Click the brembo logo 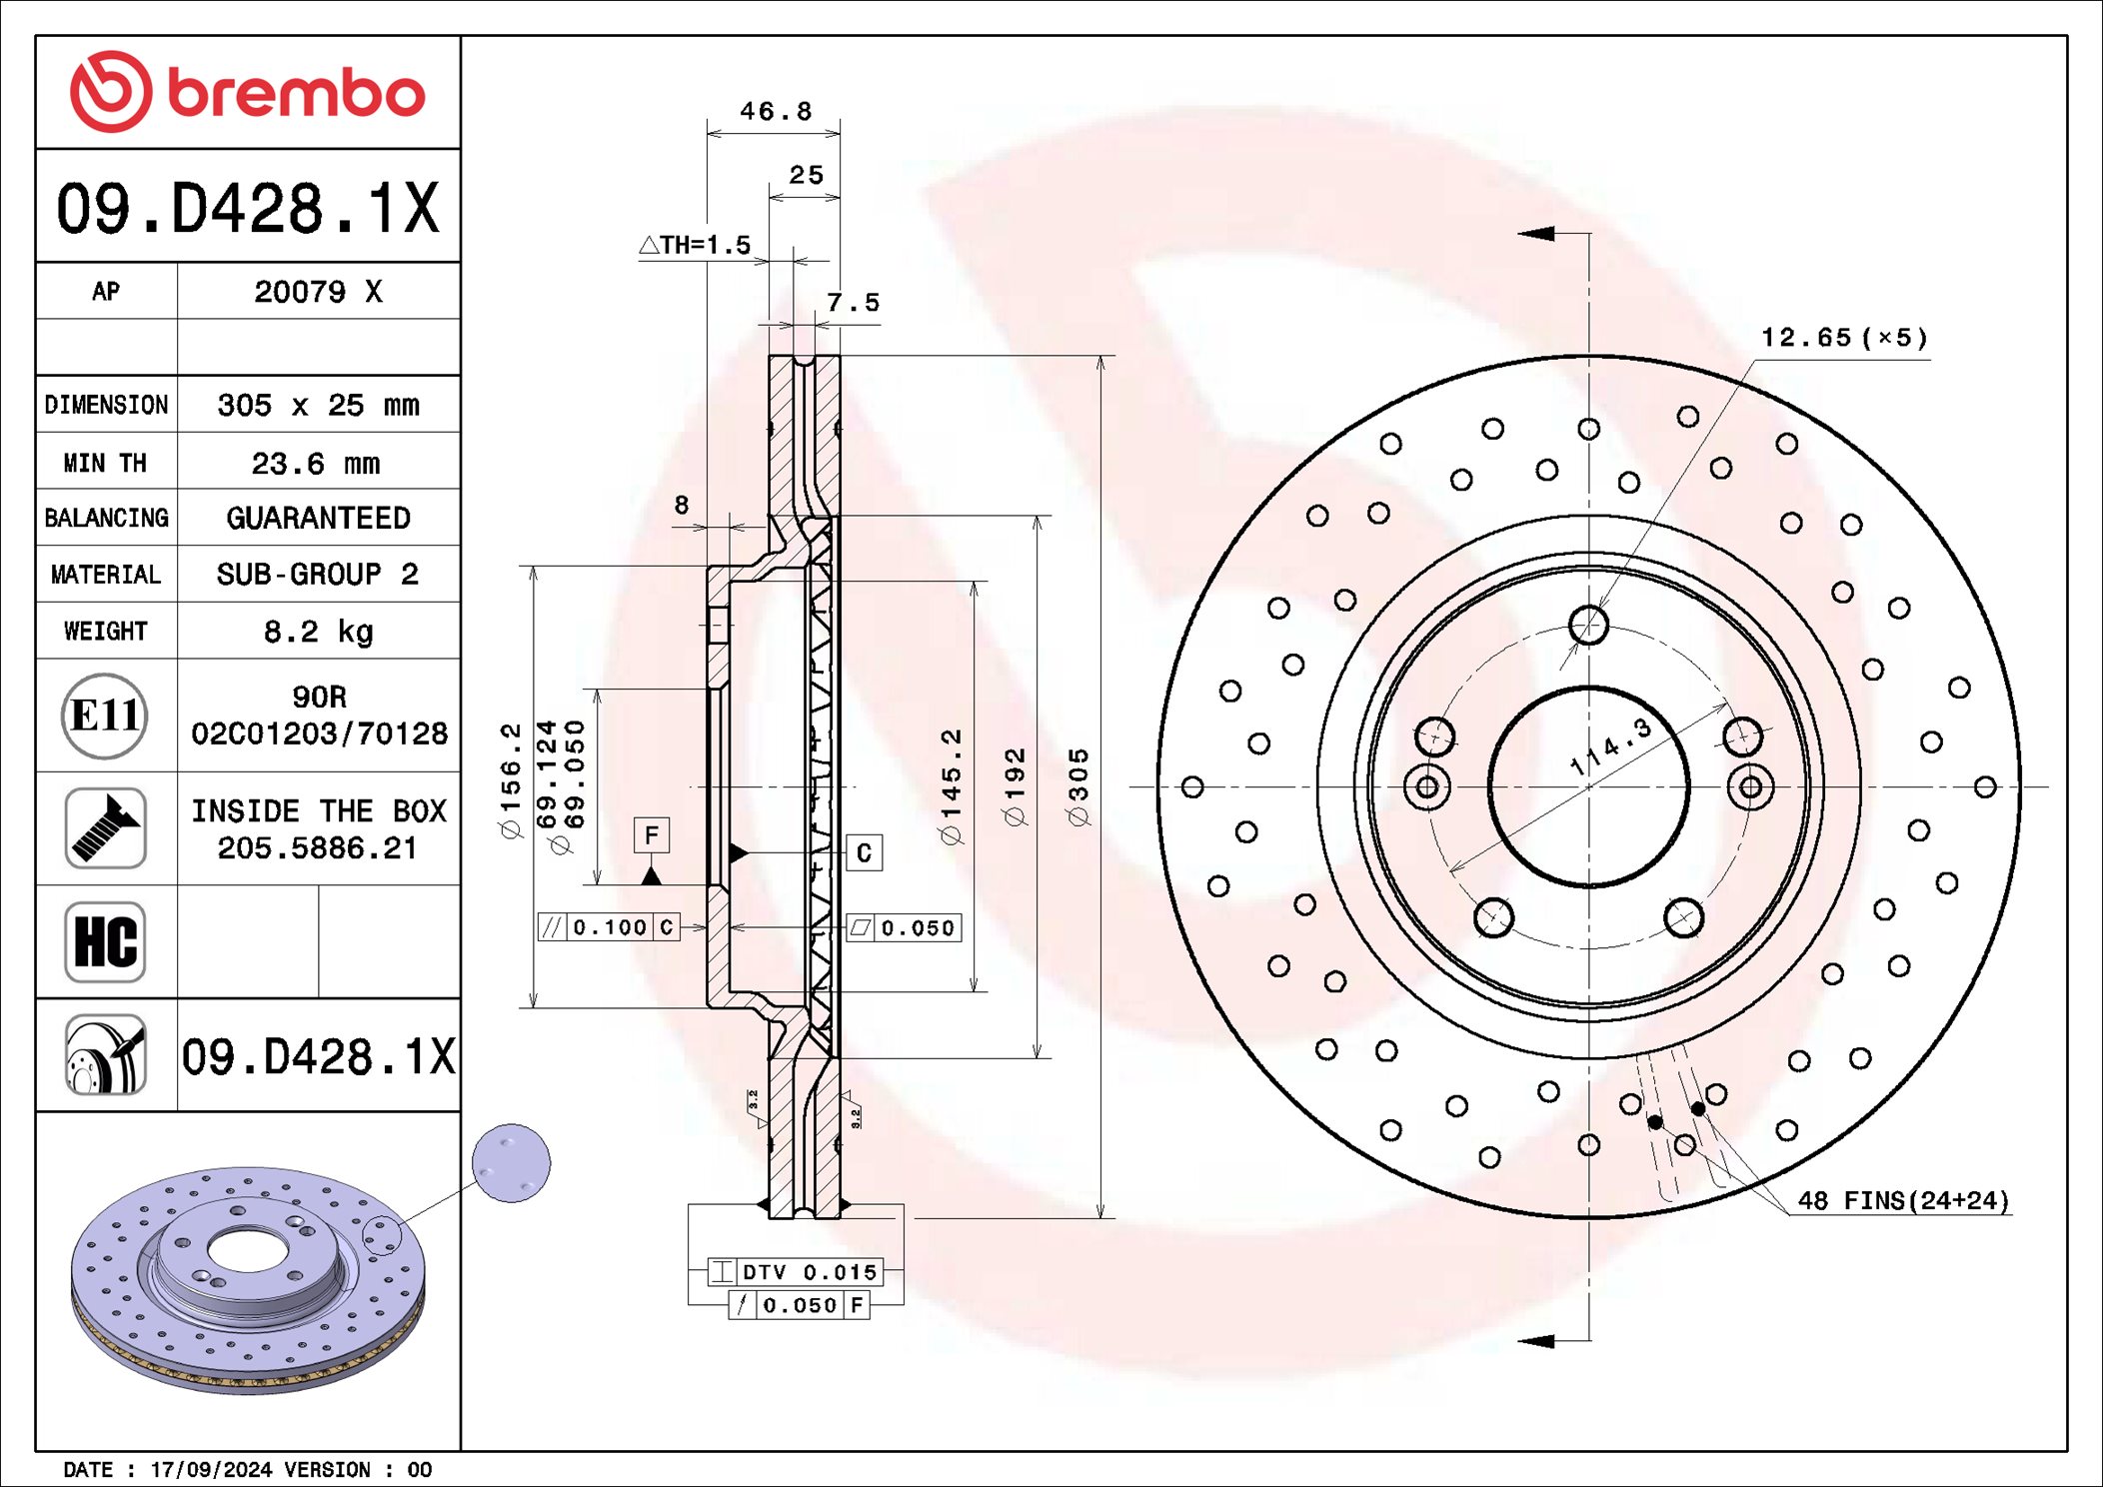(247, 92)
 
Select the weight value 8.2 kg (318, 632)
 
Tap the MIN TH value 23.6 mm (316, 464)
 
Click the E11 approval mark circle (105, 716)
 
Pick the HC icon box (105, 941)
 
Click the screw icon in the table (105, 828)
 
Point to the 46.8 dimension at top (776, 111)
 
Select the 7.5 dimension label (853, 302)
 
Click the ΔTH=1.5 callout (696, 245)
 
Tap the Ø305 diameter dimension (1078, 787)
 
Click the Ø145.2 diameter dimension (951, 787)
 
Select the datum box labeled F (652, 834)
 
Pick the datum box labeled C (865, 853)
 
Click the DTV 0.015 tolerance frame (796, 1272)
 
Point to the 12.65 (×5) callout (1843, 338)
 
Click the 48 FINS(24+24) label (1902, 1201)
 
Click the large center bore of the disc (1588, 786)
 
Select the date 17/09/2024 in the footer (211, 1470)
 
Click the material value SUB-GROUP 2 (318, 575)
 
